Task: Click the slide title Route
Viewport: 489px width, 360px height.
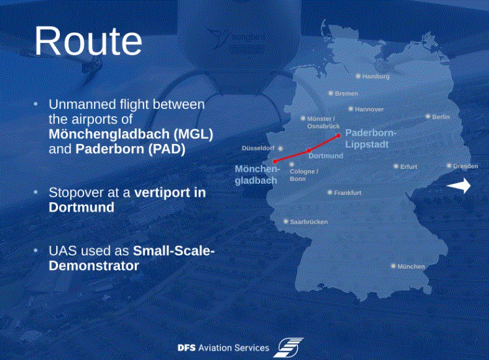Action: pyautogui.click(x=88, y=41)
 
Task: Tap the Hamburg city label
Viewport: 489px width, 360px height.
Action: pyautogui.click(x=376, y=76)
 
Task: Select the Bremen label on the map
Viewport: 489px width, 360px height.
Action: pyautogui.click(x=346, y=93)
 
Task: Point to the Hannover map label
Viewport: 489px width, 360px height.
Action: pyautogui.click(x=369, y=109)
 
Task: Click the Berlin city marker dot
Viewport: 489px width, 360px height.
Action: pyautogui.click(x=428, y=117)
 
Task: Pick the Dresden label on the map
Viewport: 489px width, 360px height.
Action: pyautogui.click(x=466, y=166)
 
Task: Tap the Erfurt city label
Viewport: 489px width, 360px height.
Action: pyautogui.click(x=409, y=166)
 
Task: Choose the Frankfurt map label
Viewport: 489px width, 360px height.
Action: pyautogui.click(x=348, y=193)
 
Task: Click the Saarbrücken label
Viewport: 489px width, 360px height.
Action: pyautogui.click(x=309, y=222)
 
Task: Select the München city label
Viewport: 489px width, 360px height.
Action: pyautogui.click(x=411, y=266)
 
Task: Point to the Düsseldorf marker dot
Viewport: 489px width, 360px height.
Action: pyautogui.click(x=280, y=149)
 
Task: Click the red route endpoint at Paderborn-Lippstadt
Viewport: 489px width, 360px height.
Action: pyautogui.click(x=338, y=136)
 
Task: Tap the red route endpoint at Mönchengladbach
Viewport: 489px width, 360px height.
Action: pyautogui.click(x=274, y=162)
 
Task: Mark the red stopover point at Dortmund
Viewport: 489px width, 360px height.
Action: pyautogui.click(x=309, y=151)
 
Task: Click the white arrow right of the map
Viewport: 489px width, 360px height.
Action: pyautogui.click(x=459, y=186)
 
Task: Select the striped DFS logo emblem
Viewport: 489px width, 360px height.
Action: pyautogui.click(x=288, y=347)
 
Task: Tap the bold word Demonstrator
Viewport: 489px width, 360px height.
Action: pyautogui.click(x=94, y=266)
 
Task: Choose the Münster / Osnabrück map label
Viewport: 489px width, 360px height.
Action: pyautogui.click(x=323, y=123)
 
